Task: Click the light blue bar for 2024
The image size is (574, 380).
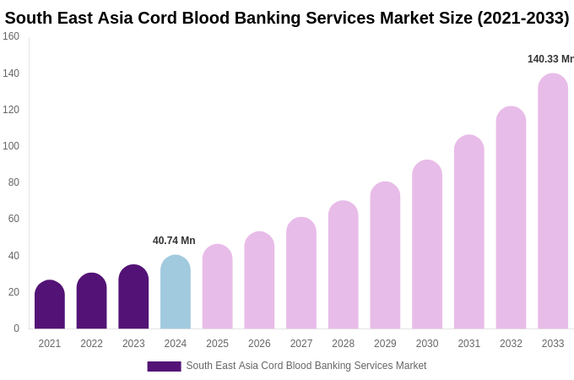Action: point(176,292)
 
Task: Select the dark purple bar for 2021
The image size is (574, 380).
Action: point(50,305)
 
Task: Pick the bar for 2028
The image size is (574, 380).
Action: point(343,265)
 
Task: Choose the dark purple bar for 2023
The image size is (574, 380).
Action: point(133,297)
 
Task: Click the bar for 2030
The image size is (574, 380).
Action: point(427,245)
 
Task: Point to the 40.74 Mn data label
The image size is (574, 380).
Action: point(174,241)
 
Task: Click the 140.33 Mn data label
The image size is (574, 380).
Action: point(550,59)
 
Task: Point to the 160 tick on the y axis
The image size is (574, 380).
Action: point(11,36)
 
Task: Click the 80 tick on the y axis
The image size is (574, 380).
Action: point(14,182)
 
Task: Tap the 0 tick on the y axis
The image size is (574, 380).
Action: point(16,328)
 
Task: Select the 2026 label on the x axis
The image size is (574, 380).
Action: point(259,344)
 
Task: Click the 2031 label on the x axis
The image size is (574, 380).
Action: point(469,344)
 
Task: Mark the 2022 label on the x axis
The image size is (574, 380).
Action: point(91,344)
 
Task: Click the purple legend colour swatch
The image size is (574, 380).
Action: point(164,366)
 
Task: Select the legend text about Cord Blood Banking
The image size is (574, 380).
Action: point(306,366)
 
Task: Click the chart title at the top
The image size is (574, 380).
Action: point(287,18)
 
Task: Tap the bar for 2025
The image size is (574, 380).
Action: point(217,287)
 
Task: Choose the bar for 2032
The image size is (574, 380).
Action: point(511,218)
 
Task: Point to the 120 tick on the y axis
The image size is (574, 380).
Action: point(11,110)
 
